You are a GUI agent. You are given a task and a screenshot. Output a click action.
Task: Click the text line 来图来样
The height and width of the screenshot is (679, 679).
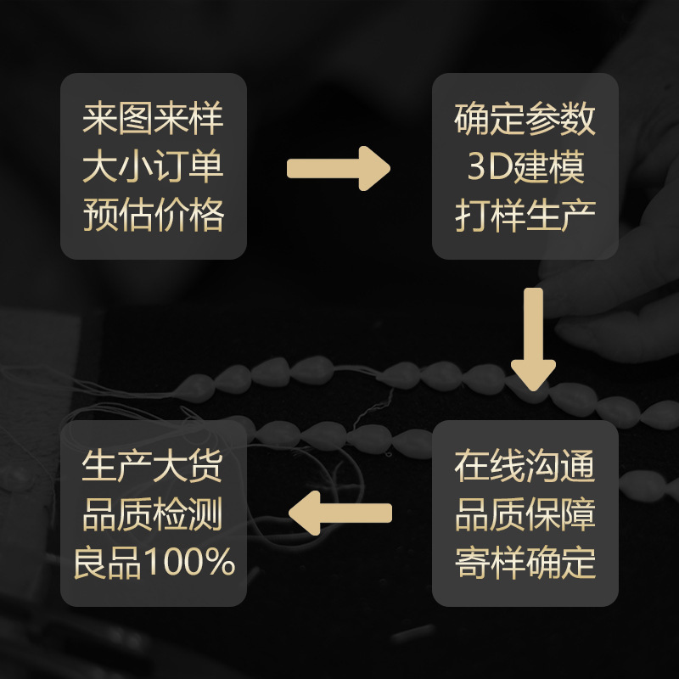tap(153, 119)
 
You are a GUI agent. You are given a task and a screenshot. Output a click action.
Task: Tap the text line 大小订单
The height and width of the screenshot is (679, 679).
tap(153, 167)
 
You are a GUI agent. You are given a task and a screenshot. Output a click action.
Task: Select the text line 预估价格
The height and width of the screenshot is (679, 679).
tap(153, 216)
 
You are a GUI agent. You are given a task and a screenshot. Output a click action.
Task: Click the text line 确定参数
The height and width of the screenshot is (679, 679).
tap(525, 119)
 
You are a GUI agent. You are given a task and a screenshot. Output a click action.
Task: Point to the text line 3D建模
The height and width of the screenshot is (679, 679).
tap(525, 167)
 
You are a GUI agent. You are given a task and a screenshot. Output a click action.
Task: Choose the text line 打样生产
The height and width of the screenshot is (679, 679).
tap(525, 216)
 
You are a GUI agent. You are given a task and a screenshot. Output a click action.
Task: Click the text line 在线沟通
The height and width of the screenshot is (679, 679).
tap(525, 467)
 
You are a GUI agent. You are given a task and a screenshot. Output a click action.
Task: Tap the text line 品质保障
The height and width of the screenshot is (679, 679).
tap(525, 515)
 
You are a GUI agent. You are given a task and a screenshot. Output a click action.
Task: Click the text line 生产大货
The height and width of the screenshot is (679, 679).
tap(153, 467)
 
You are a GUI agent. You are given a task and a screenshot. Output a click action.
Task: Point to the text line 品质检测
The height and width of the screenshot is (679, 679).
tap(153, 515)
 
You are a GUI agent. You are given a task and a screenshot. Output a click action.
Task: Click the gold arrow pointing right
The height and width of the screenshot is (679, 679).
tap(338, 168)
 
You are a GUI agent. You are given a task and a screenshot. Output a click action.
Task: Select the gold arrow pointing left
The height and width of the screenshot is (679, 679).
tap(340, 513)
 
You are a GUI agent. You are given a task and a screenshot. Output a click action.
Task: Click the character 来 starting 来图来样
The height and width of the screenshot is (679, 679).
tap(99, 119)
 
